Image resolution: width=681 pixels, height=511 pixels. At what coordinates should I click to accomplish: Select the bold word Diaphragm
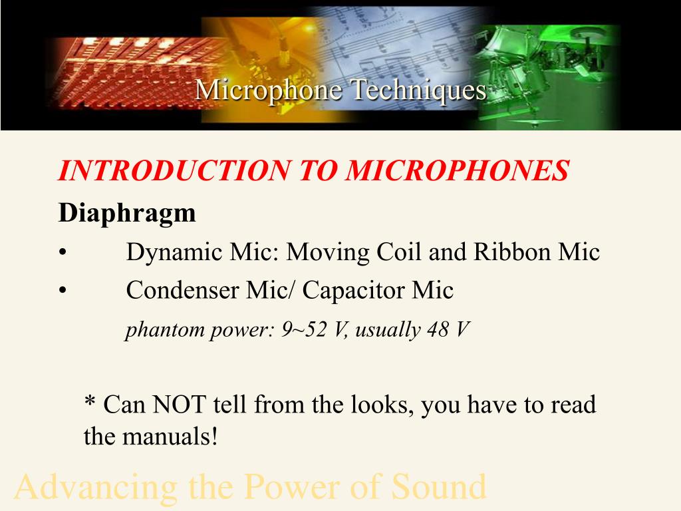tap(127, 214)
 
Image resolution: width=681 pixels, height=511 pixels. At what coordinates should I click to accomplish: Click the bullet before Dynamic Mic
tap(63, 254)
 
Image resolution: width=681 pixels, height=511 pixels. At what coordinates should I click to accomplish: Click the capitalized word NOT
tap(179, 405)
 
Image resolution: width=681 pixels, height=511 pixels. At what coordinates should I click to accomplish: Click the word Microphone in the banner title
tap(269, 90)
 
